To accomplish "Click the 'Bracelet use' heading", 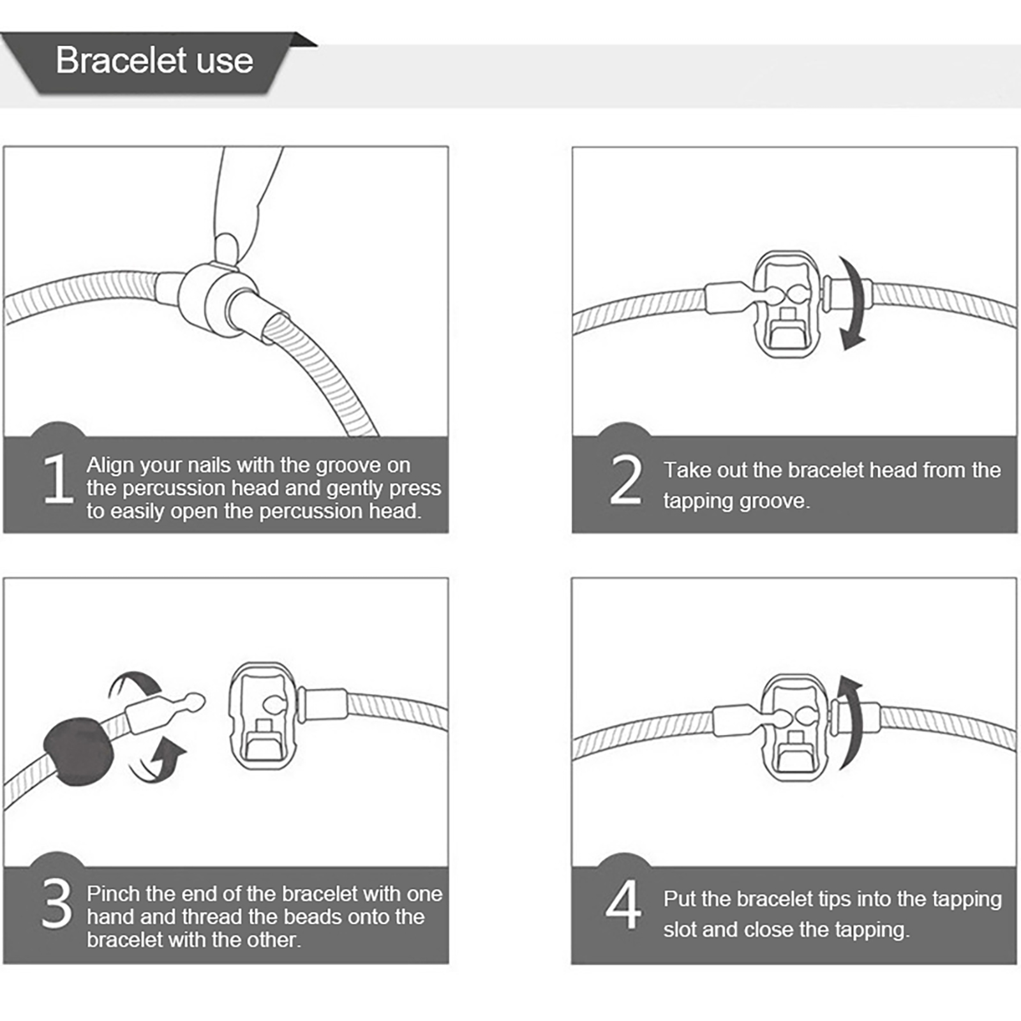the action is (x=154, y=61).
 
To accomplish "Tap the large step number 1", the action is (x=58, y=479).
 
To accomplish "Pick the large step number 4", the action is (x=623, y=904).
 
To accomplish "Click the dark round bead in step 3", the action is (x=78, y=750).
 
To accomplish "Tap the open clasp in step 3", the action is (x=263, y=715).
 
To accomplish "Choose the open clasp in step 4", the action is (x=795, y=727).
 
